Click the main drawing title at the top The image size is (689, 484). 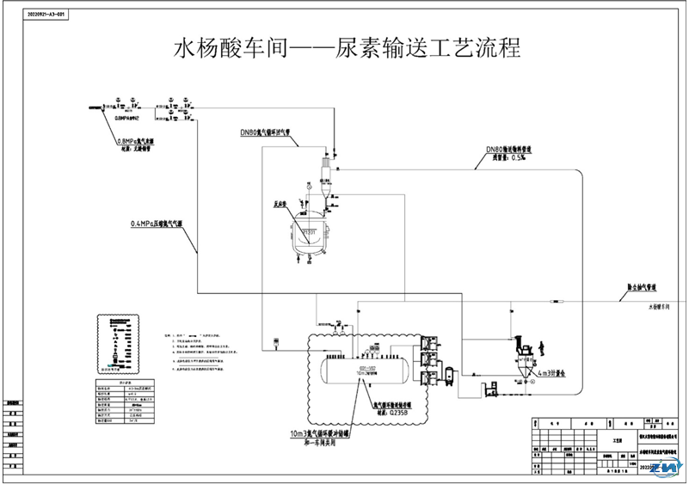348,46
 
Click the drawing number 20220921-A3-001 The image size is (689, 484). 42,15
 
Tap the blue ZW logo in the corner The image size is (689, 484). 666,469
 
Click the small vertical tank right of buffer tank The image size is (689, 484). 447,374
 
